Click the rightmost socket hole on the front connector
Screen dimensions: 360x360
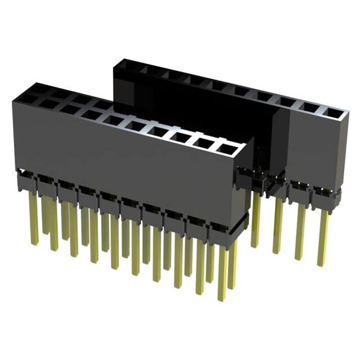point(228,149)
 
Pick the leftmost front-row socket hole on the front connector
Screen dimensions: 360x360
point(27,99)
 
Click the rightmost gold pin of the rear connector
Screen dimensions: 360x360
point(322,236)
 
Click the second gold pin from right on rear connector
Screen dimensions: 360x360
point(300,231)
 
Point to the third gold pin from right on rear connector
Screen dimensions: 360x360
point(278,225)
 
